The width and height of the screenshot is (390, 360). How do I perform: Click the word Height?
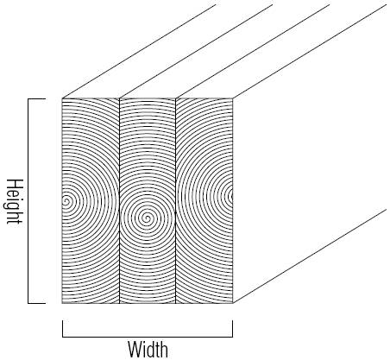coord(15,201)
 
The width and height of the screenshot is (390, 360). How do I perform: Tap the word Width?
coord(148,350)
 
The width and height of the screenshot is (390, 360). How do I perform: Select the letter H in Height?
coord(15,184)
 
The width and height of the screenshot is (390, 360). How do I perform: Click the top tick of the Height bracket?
coord(36,99)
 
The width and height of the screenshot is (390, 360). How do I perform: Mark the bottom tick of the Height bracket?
coord(36,303)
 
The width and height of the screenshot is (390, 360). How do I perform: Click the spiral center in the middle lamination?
coord(147,218)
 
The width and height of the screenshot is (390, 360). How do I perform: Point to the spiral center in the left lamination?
coord(66,201)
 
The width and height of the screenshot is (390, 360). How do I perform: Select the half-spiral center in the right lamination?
coord(231,196)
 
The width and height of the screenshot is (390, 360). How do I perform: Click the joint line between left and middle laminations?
coord(119,201)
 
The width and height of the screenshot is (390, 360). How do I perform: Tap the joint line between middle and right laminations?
coord(175,201)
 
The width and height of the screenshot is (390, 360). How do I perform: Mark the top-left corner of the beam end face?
coord(62,98)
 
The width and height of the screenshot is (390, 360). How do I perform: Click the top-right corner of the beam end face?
coord(232,98)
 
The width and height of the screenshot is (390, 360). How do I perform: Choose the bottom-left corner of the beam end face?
coord(62,303)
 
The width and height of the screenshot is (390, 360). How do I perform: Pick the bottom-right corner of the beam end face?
coord(232,303)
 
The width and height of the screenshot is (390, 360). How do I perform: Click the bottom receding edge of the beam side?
coord(309,256)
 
